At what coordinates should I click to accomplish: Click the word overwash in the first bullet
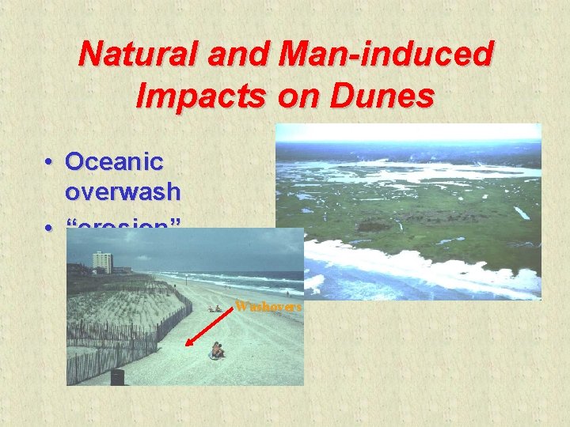coord(123,191)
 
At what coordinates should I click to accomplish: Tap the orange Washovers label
coord(268,307)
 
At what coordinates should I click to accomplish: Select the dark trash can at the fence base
coord(117,377)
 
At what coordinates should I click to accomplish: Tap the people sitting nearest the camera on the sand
coord(216,350)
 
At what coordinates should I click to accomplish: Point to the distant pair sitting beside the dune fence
coord(214,309)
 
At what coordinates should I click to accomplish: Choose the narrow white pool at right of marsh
coord(521,212)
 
